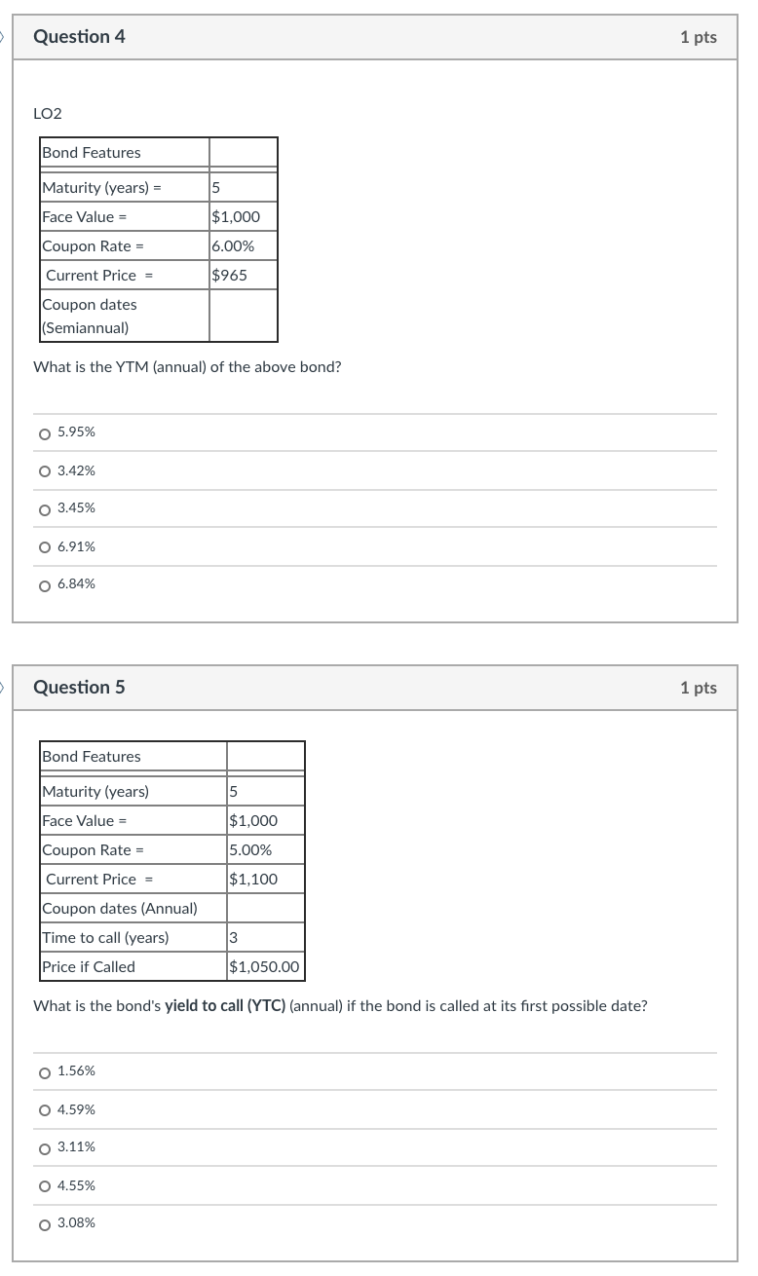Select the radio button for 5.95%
click(45, 432)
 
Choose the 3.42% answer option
click(45, 471)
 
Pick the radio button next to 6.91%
click(45, 547)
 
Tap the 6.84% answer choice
click(45, 585)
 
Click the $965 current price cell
click(230, 275)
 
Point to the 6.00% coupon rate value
click(233, 245)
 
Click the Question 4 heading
click(79, 37)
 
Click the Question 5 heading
click(79, 688)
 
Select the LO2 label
click(47, 114)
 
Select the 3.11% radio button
click(45, 1148)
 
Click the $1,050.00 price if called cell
click(265, 967)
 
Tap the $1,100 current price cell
click(253, 879)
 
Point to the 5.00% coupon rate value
click(250, 849)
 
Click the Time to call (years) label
click(105, 937)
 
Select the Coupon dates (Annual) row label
click(120, 908)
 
